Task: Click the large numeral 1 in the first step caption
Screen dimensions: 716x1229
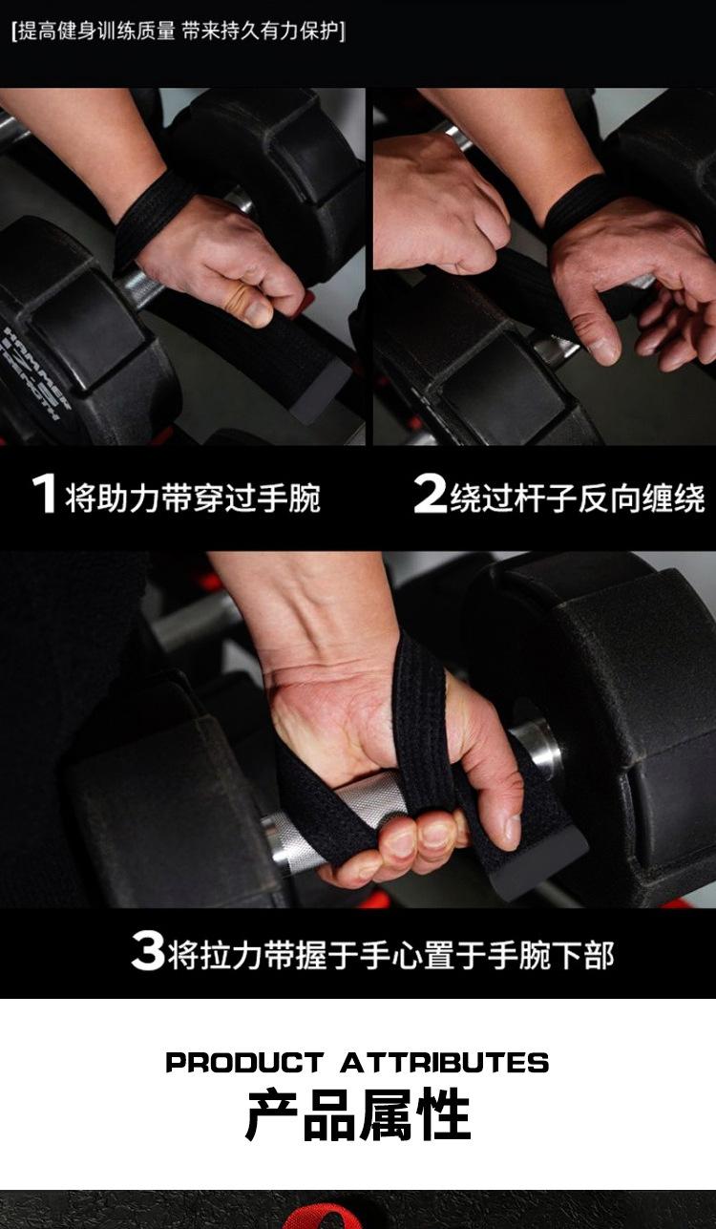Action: click(45, 494)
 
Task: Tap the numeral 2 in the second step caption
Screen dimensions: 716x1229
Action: click(430, 494)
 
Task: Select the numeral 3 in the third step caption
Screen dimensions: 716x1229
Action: click(148, 950)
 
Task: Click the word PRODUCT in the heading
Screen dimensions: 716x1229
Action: click(244, 1063)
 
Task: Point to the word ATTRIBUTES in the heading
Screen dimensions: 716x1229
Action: click(445, 1063)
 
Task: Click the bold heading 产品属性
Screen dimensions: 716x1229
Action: click(358, 1115)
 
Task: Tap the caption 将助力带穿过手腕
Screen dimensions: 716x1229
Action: click(193, 498)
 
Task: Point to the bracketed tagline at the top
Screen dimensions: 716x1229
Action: click(179, 32)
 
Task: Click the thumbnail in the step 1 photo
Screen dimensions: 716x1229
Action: click(257, 312)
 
